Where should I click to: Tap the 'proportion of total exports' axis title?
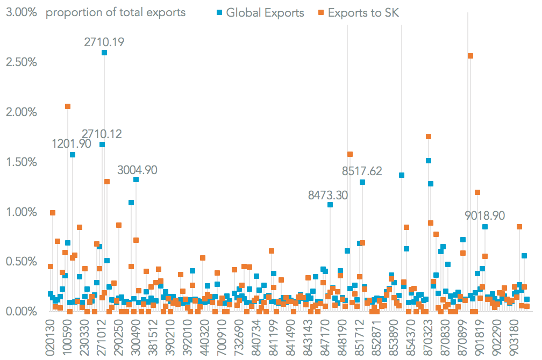click(116, 12)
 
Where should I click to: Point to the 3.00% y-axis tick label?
click(22, 12)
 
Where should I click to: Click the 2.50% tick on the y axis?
click(22, 62)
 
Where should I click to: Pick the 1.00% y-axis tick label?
click(22, 212)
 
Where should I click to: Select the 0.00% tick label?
click(22, 312)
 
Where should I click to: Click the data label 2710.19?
click(104, 41)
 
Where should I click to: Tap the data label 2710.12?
click(102, 133)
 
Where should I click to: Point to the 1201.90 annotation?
click(72, 143)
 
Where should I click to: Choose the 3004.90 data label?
click(137, 170)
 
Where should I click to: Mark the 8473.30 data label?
click(327, 195)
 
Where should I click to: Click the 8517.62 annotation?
click(362, 171)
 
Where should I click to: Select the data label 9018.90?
click(485, 215)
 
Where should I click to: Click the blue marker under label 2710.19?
click(104, 53)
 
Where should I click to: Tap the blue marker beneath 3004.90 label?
click(136, 179)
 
